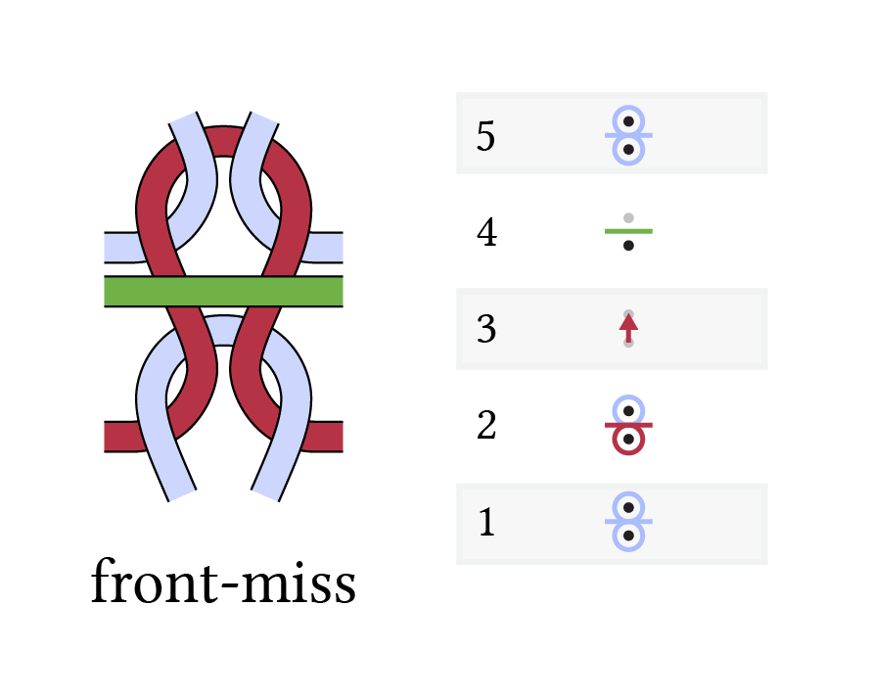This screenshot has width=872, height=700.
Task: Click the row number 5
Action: (x=485, y=136)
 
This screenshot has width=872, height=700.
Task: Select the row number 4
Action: (x=486, y=232)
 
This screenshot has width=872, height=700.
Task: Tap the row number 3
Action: (x=486, y=329)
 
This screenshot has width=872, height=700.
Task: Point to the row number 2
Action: (x=486, y=425)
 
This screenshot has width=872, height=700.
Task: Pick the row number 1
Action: (x=486, y=522)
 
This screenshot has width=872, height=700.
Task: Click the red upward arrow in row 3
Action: (x=628, y=328)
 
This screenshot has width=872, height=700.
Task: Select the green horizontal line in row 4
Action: (x=628, y=231)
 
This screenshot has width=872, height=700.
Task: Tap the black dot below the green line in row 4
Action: (x=628, y=246)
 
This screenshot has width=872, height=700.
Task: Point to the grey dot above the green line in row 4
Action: (x=628, y=217)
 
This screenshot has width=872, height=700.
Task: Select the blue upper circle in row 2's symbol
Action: (x=628, y=397)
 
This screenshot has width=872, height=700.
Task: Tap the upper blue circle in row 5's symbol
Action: (x=628, y=108)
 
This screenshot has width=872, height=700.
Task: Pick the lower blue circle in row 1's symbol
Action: (x=628, y=550)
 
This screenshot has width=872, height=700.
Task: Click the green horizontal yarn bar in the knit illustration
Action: (x=223, y=291)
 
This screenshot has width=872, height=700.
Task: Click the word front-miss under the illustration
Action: (x=223, y=582)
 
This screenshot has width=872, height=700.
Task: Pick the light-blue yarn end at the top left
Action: (x=184, y=117)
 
